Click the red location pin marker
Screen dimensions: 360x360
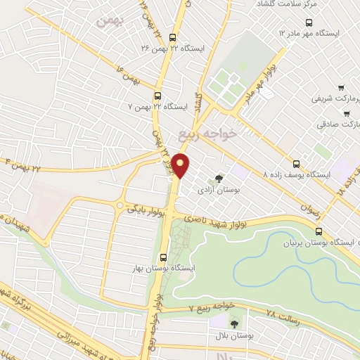(x=181, y=165)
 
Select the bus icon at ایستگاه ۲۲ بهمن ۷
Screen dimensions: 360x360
(x=157, y=96)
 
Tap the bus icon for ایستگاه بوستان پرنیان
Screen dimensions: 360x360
(x=319, y=231)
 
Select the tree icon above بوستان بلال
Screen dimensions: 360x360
(x=234, y=323)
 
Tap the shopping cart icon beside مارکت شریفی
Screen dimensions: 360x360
(x=341, y=89)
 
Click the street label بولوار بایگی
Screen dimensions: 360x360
(x=146, y=209)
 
